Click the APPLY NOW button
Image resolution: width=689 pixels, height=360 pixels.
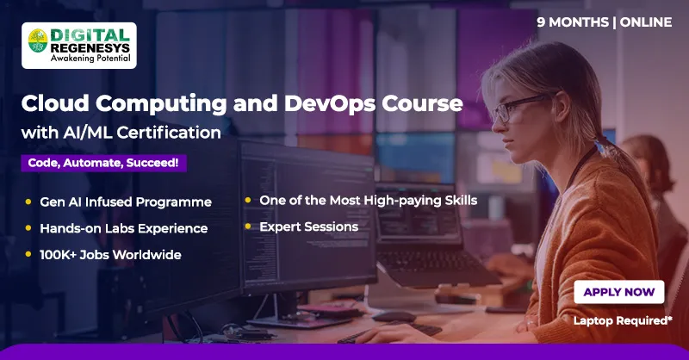pyautogui.click(x=618, y=292)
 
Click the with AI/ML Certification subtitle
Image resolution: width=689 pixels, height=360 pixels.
pyautogui.click(x=121, y=133)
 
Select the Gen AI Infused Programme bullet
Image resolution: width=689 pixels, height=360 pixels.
pyautogui.click(x=126, y=202)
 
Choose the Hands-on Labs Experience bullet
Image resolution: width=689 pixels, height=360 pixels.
pyautogui.click(x=123, y=228)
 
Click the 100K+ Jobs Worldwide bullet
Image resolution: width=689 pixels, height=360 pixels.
pyautogui.click(x=110, y=255)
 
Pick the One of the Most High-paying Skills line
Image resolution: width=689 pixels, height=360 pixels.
pyautogui.click(x=369, y=201)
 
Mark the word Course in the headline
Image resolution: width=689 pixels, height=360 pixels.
pyautogui.click(x=430, y=104)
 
